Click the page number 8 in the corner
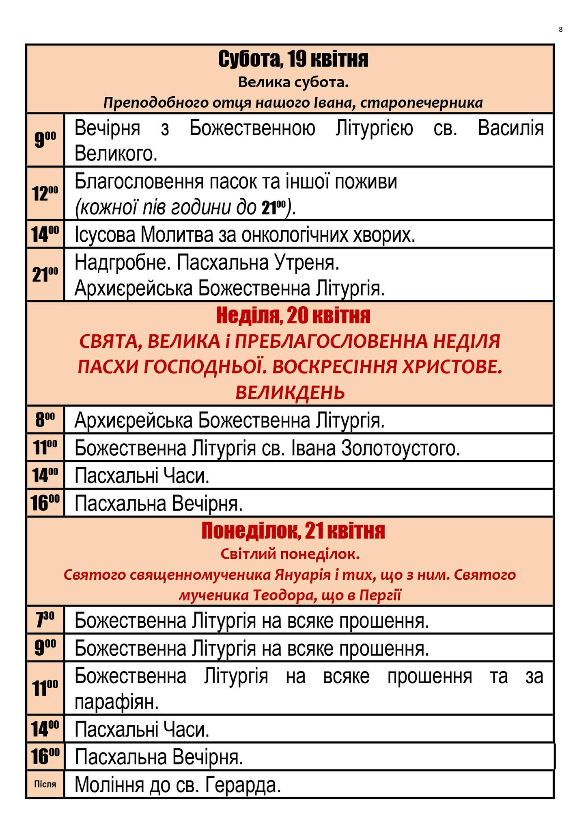[x=560, y=29]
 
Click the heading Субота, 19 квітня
[x=293, y=59]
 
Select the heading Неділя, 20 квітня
[x=293, y=316]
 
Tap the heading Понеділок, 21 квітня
[x=293, y=531]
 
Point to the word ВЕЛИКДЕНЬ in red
[x=290, y=393]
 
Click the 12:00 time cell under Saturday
[x=45, y=193]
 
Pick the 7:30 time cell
[x=45, y=620]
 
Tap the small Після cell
[x=45, y=784]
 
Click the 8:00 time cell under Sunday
[x=45, y=420]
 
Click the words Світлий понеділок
[x=290, y=554]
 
